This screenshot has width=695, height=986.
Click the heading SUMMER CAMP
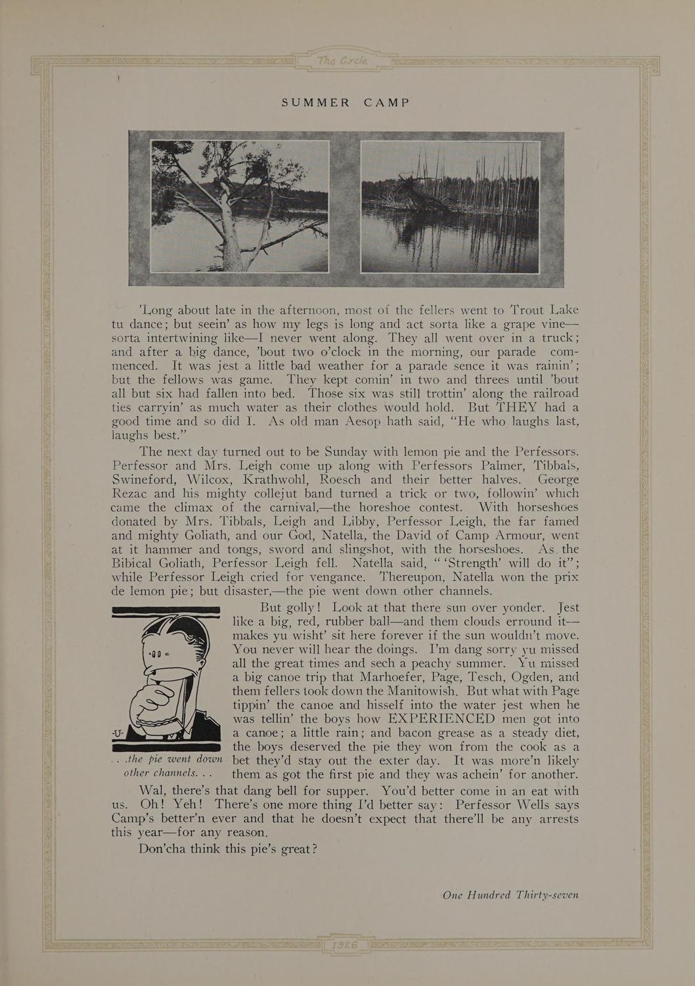[x=346, y=103]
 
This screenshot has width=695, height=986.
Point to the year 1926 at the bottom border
[x=344, y=943]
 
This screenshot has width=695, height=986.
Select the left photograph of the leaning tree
[x=240, y=205]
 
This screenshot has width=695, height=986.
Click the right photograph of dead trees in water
[x=450, y=206]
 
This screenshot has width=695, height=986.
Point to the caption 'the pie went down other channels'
[x=168, y=766]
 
